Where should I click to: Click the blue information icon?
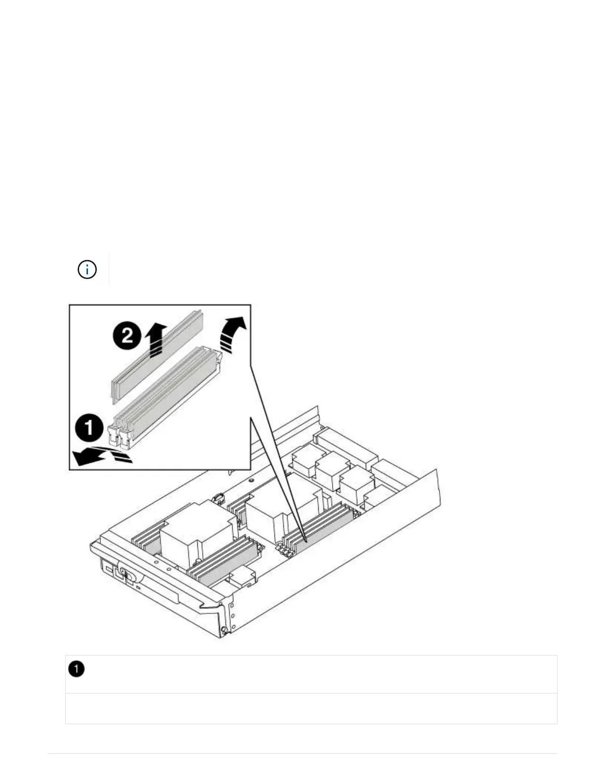point(87,270)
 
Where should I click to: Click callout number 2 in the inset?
point(128,336)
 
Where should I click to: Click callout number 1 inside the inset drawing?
point(89,428)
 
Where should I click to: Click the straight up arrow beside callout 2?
point(155,339)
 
